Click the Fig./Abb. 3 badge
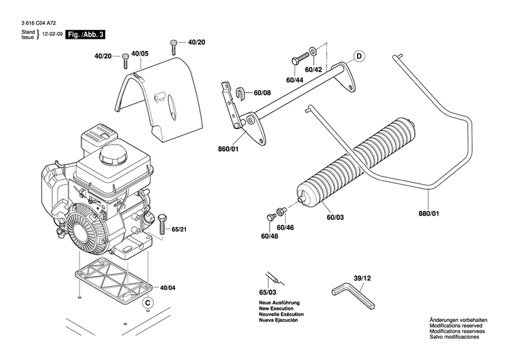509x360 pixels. (x=85, y=34)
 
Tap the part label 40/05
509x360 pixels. (x=140, y=53)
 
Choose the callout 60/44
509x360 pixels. (x=295, y=80)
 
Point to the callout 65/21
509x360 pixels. (x=180, y=230)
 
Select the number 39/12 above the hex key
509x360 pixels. (x=362, y=278)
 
